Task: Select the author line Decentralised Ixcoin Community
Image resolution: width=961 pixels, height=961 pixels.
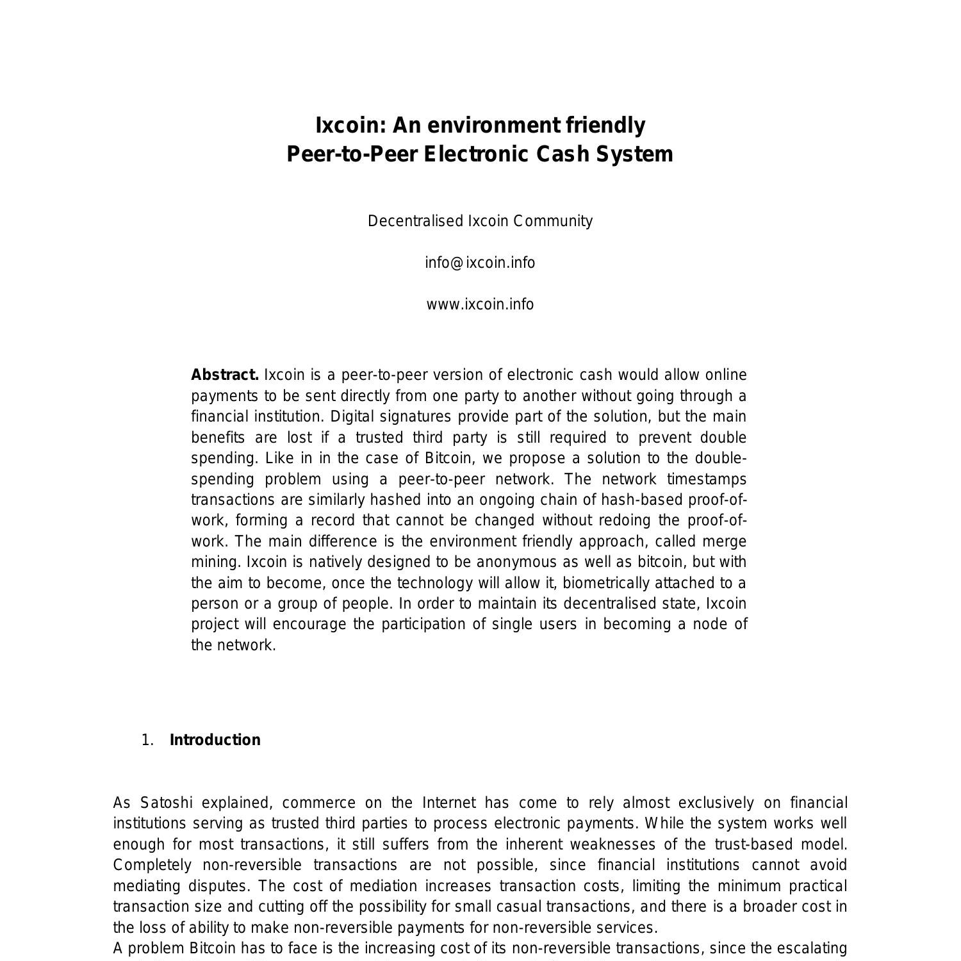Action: point(480,221)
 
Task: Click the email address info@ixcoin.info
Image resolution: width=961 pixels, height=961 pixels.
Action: point(480,263)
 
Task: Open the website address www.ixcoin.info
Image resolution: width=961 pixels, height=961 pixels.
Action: point(480,304)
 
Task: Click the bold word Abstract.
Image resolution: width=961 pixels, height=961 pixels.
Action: point(225,375)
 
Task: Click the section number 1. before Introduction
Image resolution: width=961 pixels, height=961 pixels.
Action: point(147,740)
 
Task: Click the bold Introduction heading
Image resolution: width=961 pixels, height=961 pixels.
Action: point(215,740)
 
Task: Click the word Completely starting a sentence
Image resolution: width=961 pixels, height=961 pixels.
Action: point(152,865)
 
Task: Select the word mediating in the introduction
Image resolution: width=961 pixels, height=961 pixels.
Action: point(144,886)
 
